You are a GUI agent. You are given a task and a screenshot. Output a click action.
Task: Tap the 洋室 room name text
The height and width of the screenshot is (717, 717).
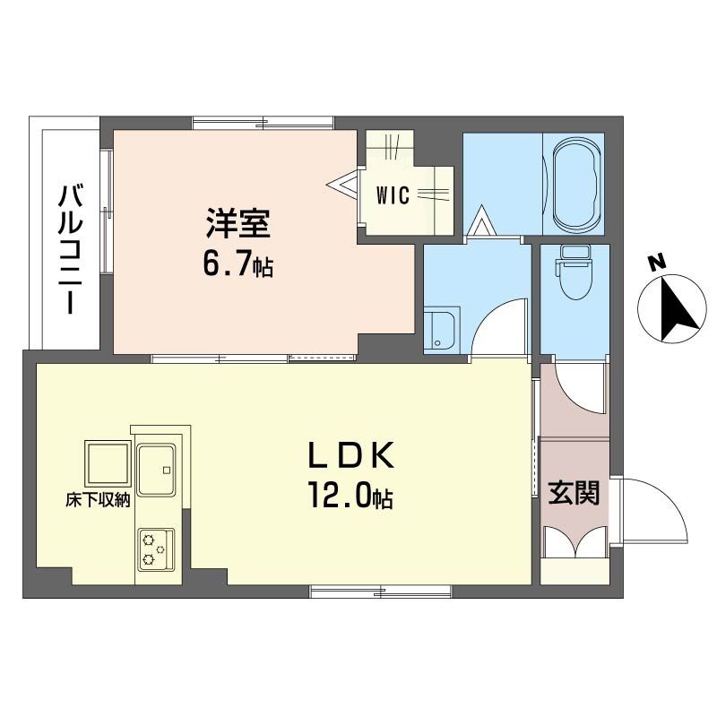point(238,223)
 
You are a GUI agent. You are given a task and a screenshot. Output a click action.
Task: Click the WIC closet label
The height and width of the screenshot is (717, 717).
point(393,195)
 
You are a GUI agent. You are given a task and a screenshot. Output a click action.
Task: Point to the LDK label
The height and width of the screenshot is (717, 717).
point(351,455)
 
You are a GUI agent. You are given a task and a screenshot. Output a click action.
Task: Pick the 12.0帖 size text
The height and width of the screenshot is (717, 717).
point(351,495)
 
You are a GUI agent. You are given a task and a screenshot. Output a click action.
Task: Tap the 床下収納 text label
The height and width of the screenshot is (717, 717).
point(98,500)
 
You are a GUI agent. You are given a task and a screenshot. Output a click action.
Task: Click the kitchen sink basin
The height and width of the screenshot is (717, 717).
point(156,469)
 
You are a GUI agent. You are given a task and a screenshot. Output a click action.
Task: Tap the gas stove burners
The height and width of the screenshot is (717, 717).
point(156,549)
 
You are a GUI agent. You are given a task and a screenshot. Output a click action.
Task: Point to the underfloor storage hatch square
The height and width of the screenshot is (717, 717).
point(108,463)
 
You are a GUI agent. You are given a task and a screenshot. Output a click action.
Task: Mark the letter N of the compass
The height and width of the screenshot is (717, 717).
point(658,263)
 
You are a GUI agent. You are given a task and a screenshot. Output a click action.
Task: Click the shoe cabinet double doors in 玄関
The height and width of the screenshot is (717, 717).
point(575,541)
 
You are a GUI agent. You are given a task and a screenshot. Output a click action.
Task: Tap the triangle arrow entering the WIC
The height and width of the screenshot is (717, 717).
point(343,184)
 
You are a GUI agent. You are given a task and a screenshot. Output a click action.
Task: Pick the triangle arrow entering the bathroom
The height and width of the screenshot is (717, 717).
point(480,220)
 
